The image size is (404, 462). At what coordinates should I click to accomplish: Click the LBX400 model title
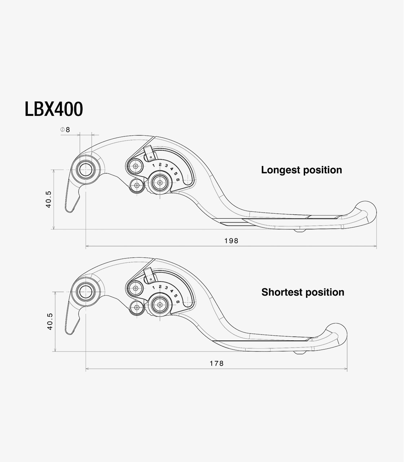click(54, 109)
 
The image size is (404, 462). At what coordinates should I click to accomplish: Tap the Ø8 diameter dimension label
click(65, 130)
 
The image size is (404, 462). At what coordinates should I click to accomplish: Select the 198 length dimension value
click(231, 241)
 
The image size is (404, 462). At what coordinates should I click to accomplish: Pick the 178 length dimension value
click(217, 363)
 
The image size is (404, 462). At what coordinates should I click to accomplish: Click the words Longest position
click(301, 170)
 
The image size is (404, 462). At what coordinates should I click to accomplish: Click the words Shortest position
click(303, 292)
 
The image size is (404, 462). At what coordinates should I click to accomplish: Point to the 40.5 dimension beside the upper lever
click(48, 199)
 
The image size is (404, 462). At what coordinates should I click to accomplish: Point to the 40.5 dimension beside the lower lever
click(50, 321)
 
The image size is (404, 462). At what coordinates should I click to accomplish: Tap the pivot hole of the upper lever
click(85, 169)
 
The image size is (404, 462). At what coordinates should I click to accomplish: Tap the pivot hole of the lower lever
click(85, 291)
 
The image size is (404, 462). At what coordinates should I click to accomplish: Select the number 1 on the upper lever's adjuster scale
click(153, 165)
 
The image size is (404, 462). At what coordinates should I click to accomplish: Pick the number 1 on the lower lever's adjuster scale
click(153, 287)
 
